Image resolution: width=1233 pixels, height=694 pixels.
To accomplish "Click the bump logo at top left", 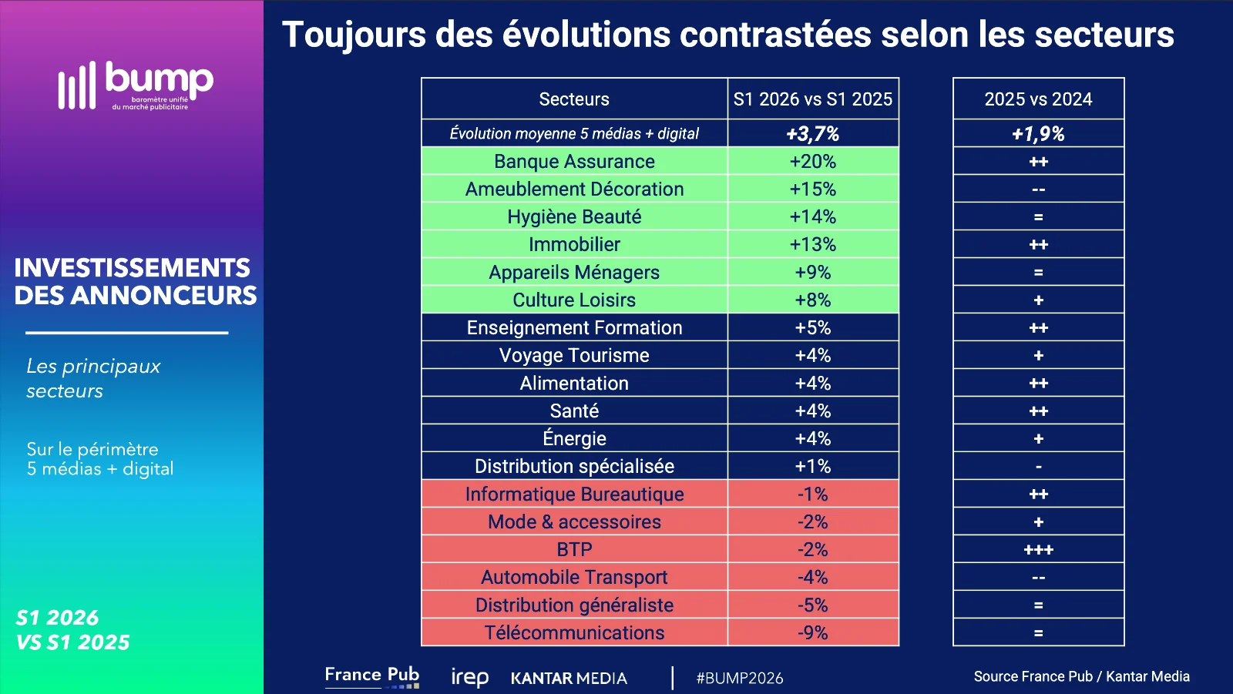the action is [136, 85].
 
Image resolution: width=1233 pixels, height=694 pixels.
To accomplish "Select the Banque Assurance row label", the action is [574, 161].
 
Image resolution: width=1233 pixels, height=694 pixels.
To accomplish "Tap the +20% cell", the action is [812, 161].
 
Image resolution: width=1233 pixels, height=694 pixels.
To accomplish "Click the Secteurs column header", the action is [574, 99].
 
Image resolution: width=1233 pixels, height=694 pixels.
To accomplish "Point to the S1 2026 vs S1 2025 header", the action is [812, 99].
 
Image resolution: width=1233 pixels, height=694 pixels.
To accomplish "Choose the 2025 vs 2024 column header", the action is [1038, 99].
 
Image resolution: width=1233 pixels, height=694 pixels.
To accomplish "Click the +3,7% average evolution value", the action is [812, 134].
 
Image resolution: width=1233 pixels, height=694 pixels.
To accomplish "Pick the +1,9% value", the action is [1038, 134].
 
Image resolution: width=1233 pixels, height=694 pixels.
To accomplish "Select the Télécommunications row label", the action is [574, 633].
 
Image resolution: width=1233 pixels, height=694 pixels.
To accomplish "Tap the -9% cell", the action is [812, 633].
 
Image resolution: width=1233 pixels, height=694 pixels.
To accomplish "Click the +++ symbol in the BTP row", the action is [1038, 550].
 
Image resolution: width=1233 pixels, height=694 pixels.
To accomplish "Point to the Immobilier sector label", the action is [574, 244].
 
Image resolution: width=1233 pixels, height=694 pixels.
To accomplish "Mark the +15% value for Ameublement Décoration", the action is [812, 189].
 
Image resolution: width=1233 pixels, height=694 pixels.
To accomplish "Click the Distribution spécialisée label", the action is [574, 467].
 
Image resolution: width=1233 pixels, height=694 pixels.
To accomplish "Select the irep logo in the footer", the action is [469, 678].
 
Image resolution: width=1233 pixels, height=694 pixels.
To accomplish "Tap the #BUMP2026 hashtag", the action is [739, 678].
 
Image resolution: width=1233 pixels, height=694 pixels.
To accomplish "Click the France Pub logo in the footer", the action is [372, 676].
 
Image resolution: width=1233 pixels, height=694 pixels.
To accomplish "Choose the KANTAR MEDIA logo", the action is [569, 678].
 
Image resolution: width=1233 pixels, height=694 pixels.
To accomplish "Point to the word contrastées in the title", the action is [775, 35].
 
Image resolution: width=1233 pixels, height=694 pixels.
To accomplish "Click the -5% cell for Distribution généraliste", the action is [812, 605].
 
